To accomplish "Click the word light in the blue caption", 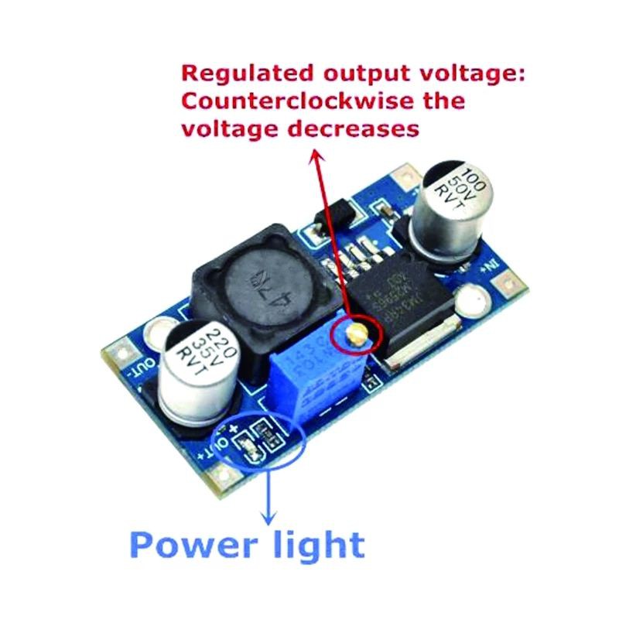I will [x=317, y=546].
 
